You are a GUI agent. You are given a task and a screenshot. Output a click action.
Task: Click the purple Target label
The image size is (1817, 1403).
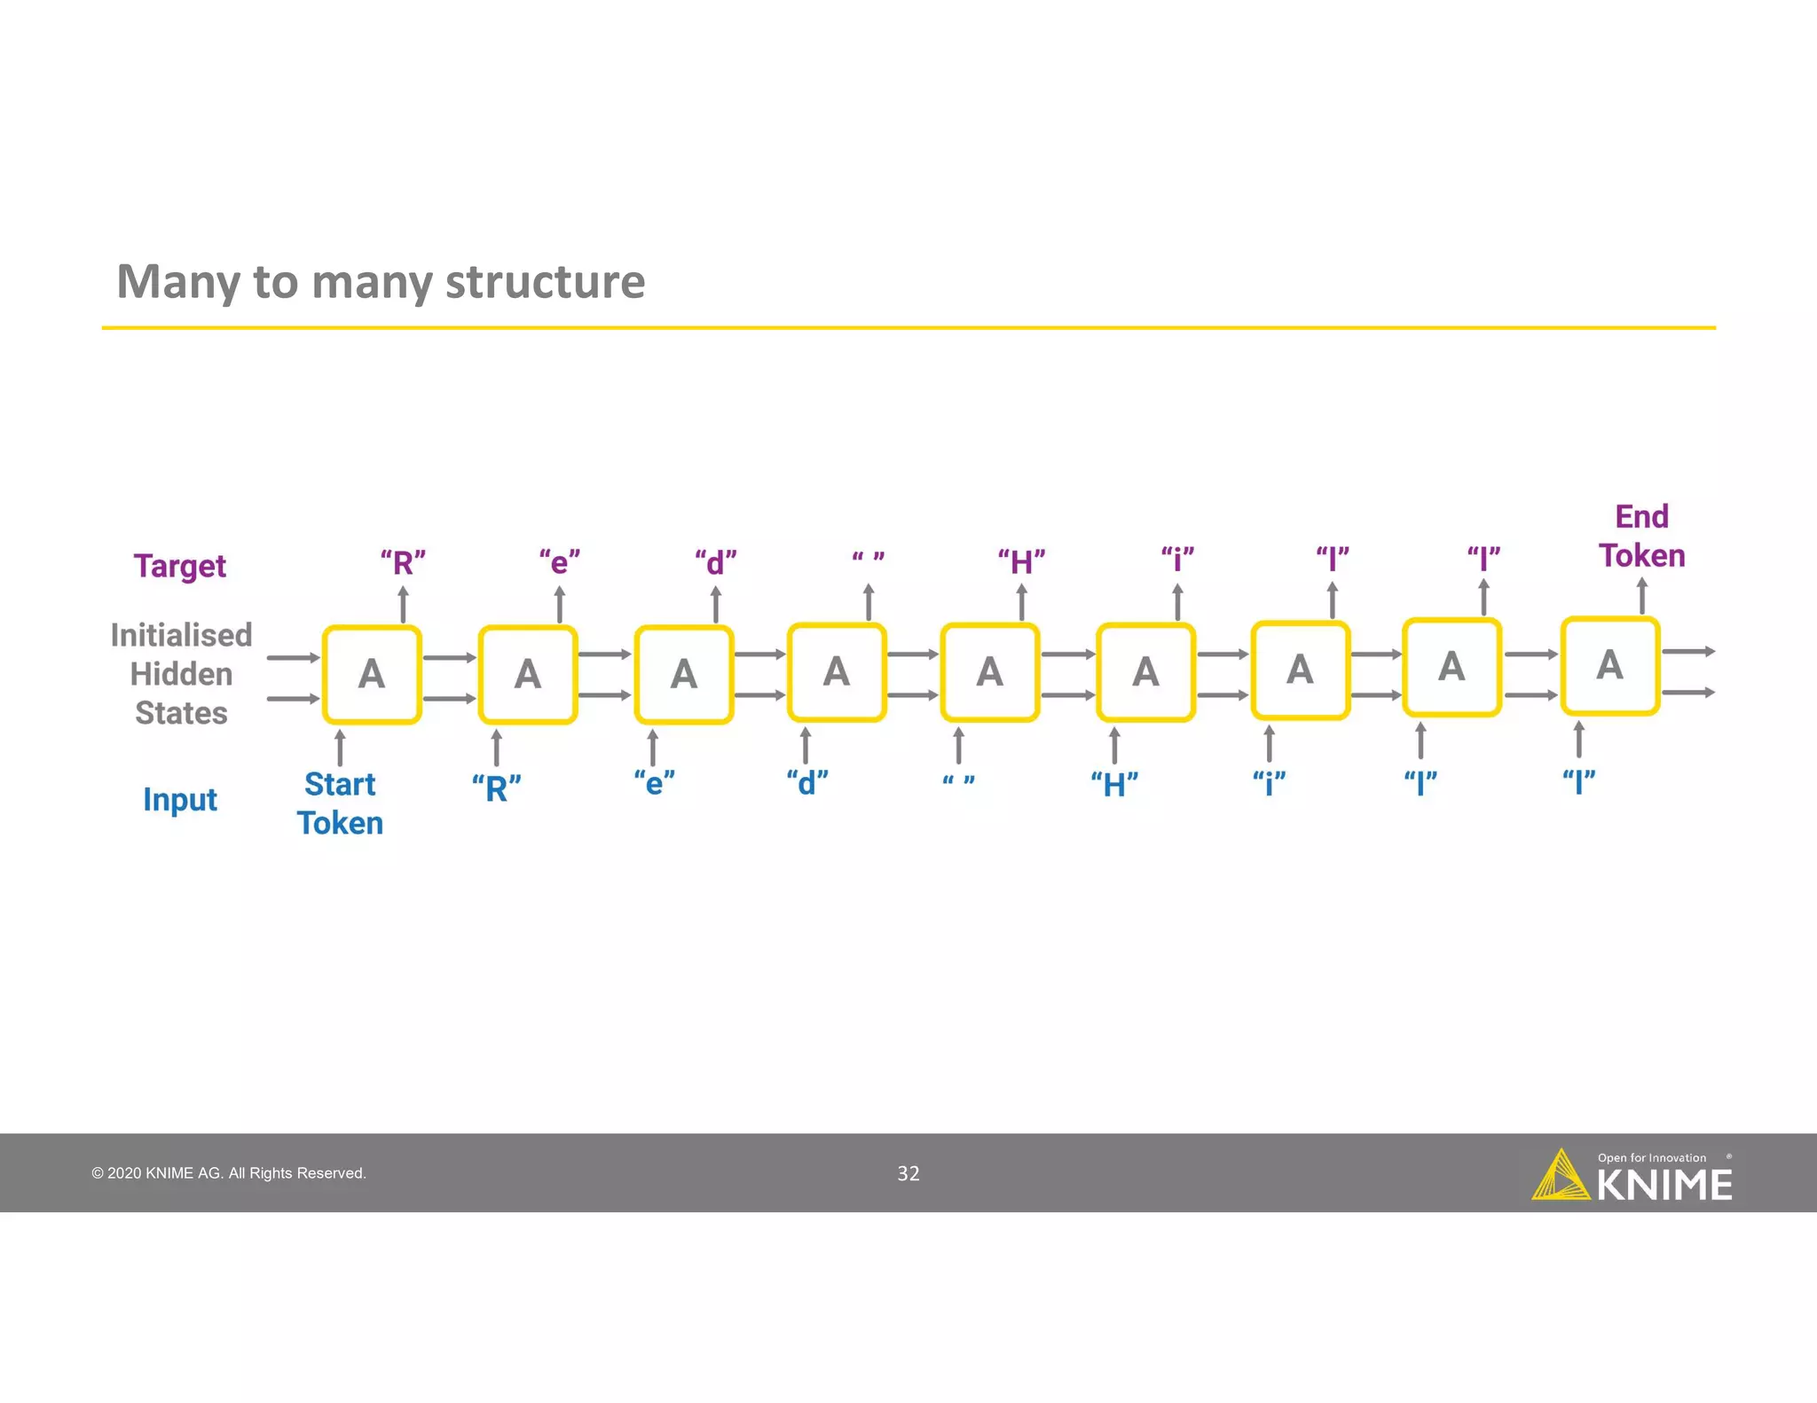[180, 566]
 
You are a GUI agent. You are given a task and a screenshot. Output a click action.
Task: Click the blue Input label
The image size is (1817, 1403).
[180, 800]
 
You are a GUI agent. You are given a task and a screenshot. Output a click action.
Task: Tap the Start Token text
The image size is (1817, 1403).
[340, 803]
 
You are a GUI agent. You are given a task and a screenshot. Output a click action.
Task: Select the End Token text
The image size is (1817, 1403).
[1641, 537]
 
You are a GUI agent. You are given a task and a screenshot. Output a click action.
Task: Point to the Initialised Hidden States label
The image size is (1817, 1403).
[181, 674]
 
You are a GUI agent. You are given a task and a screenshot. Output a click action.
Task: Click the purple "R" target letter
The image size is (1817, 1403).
[403, 562]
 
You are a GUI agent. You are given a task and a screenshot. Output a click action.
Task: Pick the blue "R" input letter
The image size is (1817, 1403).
[496, 788]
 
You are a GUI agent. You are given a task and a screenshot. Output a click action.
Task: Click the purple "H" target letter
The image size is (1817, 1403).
[1021, 561]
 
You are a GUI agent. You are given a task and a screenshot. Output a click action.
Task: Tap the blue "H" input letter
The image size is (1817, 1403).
[1114, 785]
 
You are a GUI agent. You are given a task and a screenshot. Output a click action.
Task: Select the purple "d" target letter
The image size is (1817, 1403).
[715, 562]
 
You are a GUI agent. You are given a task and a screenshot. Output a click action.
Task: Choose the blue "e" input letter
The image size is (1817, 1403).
[654, 783]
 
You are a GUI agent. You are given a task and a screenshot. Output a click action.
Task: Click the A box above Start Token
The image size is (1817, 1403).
[372, 675]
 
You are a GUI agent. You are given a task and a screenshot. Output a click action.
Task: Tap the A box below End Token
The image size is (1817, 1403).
[1609, 665]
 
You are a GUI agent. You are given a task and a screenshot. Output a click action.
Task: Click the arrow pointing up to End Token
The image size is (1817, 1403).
[1641, 596]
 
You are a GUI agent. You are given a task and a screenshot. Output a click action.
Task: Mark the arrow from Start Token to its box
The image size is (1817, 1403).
[340, 747]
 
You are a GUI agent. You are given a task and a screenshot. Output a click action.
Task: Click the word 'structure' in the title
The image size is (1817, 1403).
[545, 282]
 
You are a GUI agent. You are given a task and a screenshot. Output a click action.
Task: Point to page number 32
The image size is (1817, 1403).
[908, 1173]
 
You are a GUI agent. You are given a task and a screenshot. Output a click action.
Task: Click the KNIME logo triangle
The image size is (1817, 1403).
[1560, 1177]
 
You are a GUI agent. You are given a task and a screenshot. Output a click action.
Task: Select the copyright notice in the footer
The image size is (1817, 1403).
[229, 1173]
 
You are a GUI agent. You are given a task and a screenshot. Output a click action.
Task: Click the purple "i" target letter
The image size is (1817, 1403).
[1177, 560]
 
